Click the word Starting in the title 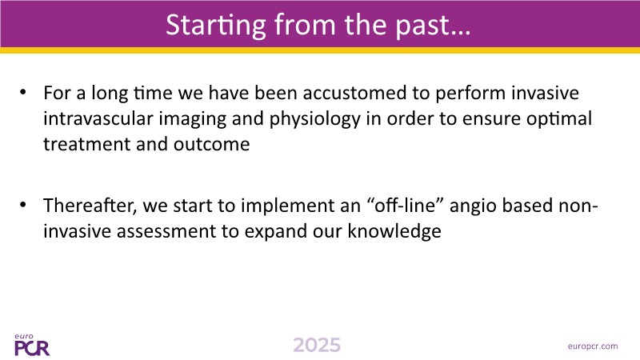point(216,26)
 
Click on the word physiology point(314,119)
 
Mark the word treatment point(87,144)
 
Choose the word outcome point(211,144)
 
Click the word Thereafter point(90,206)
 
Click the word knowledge point(394,231)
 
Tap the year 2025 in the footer point(317,346)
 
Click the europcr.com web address point(593,346)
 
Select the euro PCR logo point(32,345)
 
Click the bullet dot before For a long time point(23,92)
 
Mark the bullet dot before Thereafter point(23,204)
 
